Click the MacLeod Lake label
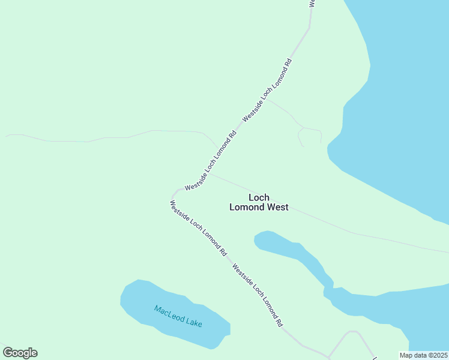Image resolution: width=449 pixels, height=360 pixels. click(178, 316)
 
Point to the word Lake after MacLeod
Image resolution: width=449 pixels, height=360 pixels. click(194, 322)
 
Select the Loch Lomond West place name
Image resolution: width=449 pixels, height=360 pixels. click(259, 202)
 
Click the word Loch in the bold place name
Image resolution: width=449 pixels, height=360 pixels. click(259, 197)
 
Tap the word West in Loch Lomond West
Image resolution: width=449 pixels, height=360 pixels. click(278, 208)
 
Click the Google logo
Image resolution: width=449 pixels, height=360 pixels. click(20, 353)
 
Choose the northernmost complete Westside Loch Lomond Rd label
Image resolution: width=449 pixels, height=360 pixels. click(267, 90)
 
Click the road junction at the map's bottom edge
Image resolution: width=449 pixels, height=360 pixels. click(329, 356)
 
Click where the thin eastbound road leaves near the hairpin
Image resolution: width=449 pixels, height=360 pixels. click(208, 173)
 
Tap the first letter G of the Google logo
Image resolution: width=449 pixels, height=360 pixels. click(8, 352)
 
